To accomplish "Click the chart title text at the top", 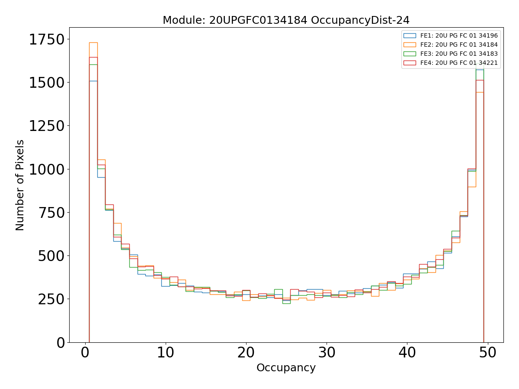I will pyautogui.click(x=286, y=20).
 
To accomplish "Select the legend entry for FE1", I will pyautogui.click(x=459, y=35).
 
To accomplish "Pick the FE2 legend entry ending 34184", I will pyautogui.click(x=459, y=45).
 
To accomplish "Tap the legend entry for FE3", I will pyautogui.click(x=459, y=54).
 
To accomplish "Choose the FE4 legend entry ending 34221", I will pyautogui.click(x=459, y=63).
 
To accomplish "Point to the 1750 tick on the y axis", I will pyautogui.click(x=47, y=40).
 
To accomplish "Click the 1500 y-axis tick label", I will pyautogui.click(x=47, y=83).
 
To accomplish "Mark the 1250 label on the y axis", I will pyautogui.click(x=47, y=126).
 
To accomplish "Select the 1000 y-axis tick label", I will pyautogui.click(x=47, y=169).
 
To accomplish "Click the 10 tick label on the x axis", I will pyautogui.click(x=166, y=354).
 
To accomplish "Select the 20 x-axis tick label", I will pyautogui.click(x=246, y=354).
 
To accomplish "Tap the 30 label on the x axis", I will pyautogui.click(x=327, y=354).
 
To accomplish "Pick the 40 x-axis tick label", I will pyautogui.click(x=407, y=354).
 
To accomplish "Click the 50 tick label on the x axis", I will pyautogui.click(x=488, y=354).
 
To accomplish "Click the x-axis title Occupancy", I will pyautogui.click(x=286, y=368).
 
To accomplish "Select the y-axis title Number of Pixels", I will pyautogui.click(x=20, y=185).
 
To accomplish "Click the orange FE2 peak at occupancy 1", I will pyautogui.click(x=93, y=43).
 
